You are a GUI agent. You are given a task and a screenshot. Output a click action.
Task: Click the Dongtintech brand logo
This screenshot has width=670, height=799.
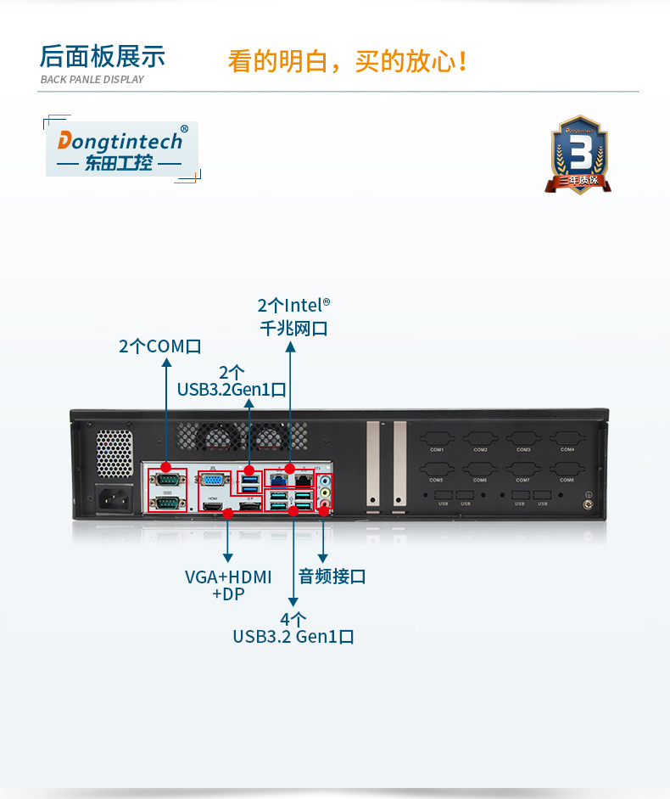point(121,148)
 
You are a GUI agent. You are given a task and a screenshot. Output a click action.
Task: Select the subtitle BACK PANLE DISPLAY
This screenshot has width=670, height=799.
point(92,80)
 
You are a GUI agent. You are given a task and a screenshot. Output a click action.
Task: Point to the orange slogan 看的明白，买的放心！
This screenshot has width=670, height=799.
point(348,61)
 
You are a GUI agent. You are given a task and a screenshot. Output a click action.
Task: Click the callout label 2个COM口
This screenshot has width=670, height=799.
point(160,346)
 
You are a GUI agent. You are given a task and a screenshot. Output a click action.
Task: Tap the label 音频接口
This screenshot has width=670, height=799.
point(332,577)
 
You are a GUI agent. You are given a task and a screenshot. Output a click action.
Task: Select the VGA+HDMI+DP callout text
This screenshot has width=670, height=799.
point(228,585)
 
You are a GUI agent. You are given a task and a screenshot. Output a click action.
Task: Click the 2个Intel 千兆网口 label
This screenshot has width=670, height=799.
point(293,316)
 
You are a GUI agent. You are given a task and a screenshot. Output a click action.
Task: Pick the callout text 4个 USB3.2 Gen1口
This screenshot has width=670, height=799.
point(293,628)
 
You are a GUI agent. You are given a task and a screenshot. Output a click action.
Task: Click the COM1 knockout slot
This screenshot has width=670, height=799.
point(437,441)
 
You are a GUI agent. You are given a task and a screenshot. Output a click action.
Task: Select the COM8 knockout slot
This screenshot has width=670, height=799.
point(567,471)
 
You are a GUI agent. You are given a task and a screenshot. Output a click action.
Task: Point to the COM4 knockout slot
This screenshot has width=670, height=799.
point(567,441)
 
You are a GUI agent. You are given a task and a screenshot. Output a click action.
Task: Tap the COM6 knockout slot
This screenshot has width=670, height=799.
point(480,471)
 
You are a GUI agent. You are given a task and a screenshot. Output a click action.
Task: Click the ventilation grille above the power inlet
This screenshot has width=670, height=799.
point(114,453)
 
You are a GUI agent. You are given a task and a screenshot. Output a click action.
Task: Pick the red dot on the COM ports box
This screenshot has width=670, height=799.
point(166,467)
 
